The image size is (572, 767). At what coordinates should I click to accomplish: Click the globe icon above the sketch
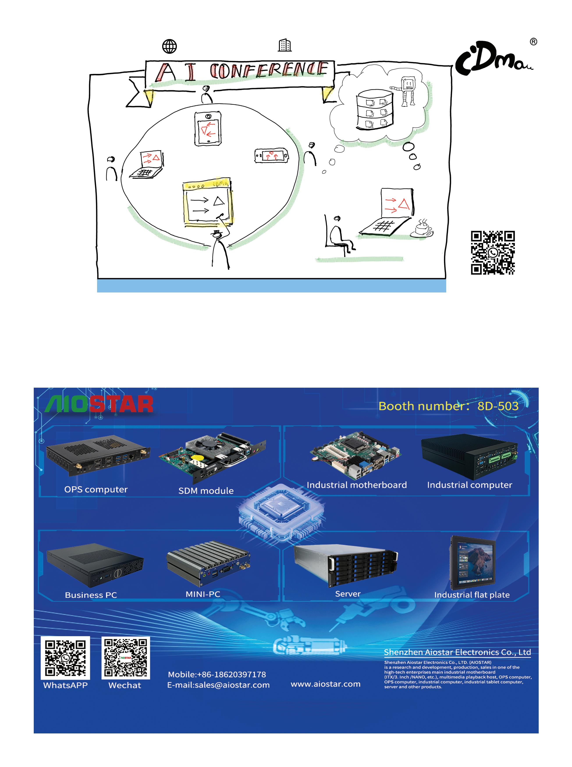(169, 46)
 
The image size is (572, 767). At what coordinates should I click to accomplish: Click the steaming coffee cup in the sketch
(422, 229)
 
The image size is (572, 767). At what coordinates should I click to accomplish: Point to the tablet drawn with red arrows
(208, 128)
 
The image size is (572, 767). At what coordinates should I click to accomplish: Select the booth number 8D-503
(497, 406)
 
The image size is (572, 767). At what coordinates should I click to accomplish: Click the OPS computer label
(96, 489)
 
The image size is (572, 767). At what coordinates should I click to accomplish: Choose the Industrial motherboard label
(357, 485)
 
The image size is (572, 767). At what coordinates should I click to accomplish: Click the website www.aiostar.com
(325, 684)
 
